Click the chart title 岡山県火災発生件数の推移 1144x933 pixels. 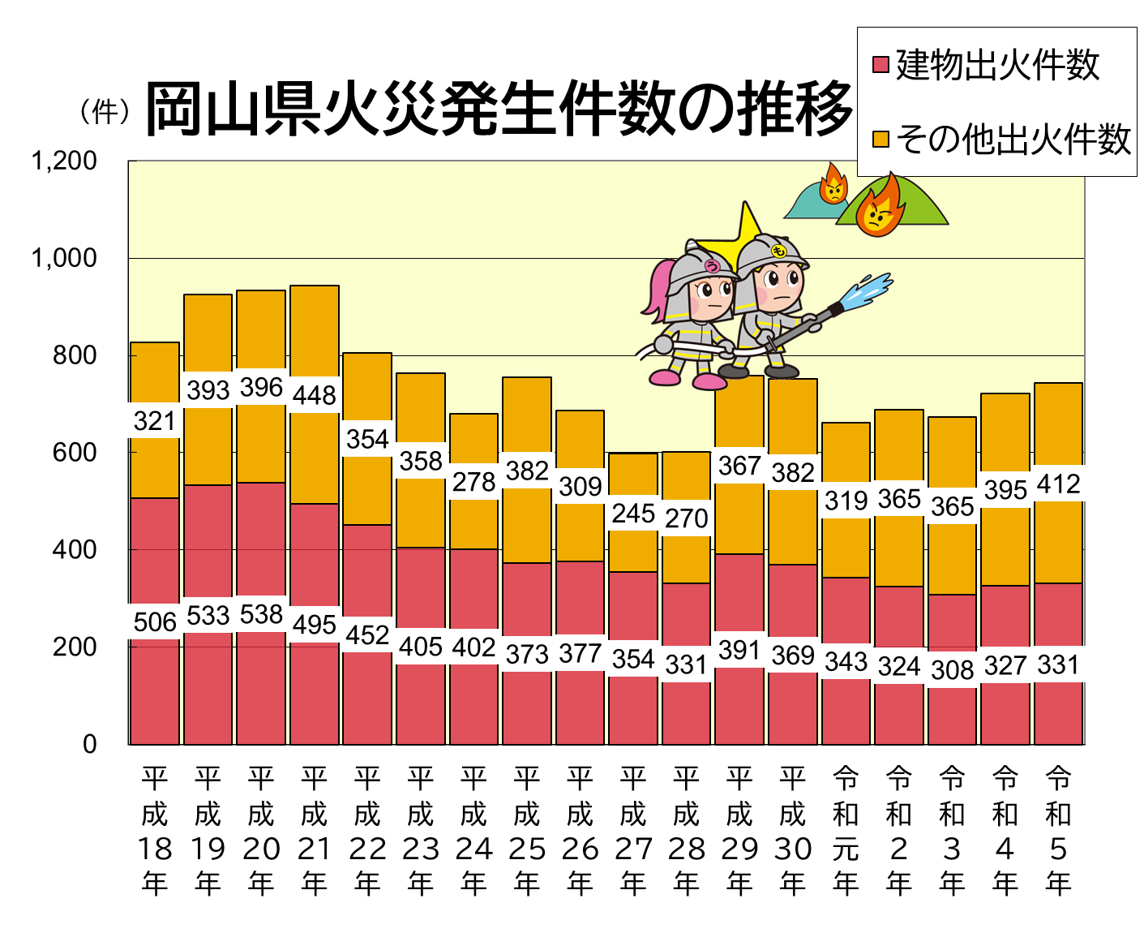pyautogui.click(x=499, y=110)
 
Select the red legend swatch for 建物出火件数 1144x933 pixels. pyautogui.click(x=880, y=65)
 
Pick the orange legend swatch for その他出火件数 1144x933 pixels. pyautogui.click(x=880, y=140)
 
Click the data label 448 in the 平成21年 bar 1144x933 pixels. pyautogui.click(x=314, y=395)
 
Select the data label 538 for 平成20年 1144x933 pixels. pyautogui.click(x=261, y=614)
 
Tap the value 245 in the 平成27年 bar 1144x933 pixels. pyautogui.click(x=633, y=514)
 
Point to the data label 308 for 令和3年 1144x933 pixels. pyautogui.click(x=952, y=669)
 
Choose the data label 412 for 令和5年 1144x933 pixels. pyautogui.click(x=1058, y=484)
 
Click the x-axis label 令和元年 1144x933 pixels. pyautogui.click(x=846, y=831)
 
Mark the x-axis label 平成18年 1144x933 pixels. pyautogui.click(x=155, y=831)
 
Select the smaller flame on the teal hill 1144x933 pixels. pyautogui.click(x=833, y=185)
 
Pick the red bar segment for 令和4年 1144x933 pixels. pyautogui.click(x=1005, y=617)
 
